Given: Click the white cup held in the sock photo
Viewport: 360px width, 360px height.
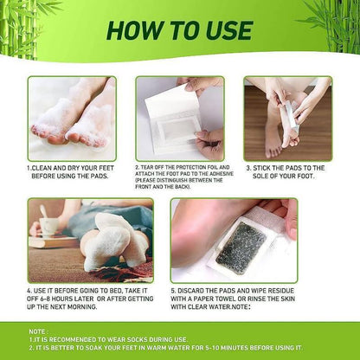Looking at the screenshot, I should pyautogui.click(x=44, y=224).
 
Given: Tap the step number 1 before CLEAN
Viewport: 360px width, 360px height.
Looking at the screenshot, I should pyautogui.click(x=29, y=168).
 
